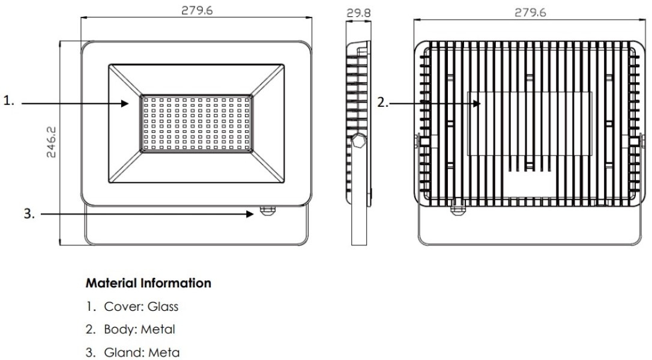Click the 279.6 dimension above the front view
tap(198, 11)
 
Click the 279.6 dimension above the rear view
tap(531, 12)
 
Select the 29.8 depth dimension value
tap(360, 12)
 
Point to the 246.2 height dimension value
tap(52, 142)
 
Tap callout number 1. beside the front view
tap(9, 102)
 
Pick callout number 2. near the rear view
tap(383, 103)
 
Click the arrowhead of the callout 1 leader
tap(127, 103)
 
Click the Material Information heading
tap(148, 283)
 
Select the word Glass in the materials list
tap(165, 307)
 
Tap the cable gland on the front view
tap(267, 211)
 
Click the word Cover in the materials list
tap(119, 307)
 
